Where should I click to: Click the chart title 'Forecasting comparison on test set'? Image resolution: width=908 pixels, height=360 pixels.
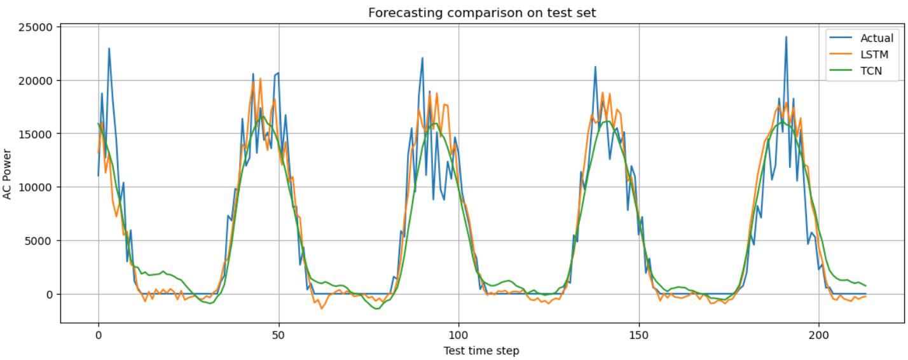(x=482, y=13)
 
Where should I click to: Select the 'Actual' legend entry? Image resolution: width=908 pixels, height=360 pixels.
(x=862, y=38)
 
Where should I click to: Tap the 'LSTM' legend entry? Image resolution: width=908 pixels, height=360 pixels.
(x=859, y=54)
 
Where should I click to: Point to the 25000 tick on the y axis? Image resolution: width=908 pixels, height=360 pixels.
(x=36, y=27)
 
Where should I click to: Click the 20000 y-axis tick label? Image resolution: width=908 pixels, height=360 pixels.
(x=36, y=81)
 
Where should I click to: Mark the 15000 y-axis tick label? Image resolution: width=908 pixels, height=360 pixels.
(x=36, y=134)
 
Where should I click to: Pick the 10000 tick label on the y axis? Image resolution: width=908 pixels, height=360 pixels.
(x=36, y=187)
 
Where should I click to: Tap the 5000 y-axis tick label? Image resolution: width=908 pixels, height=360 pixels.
(x=39, y=241)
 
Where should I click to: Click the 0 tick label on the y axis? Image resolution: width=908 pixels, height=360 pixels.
(x=50, y=294)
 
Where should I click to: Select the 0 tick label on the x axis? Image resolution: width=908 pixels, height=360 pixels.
(x=99, y=335)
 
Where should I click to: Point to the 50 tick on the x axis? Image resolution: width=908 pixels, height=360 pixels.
(x=279, y=335)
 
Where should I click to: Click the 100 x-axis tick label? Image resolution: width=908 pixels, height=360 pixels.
(x=458, y=335)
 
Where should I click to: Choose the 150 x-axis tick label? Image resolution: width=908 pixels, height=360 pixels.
(x=639, y=335)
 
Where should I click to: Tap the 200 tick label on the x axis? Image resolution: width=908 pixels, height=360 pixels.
(x=819, y=335)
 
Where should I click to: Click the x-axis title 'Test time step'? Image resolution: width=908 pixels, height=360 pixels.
(x=481, y=350)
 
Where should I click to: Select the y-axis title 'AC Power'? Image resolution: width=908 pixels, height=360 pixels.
(x=7, y=174)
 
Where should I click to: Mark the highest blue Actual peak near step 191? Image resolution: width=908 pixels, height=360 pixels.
(x=786, y=37)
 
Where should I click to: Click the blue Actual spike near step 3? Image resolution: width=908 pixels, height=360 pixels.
(x=109, y=48)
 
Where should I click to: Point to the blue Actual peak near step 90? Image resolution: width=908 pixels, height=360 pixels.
(x=422, y=58)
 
